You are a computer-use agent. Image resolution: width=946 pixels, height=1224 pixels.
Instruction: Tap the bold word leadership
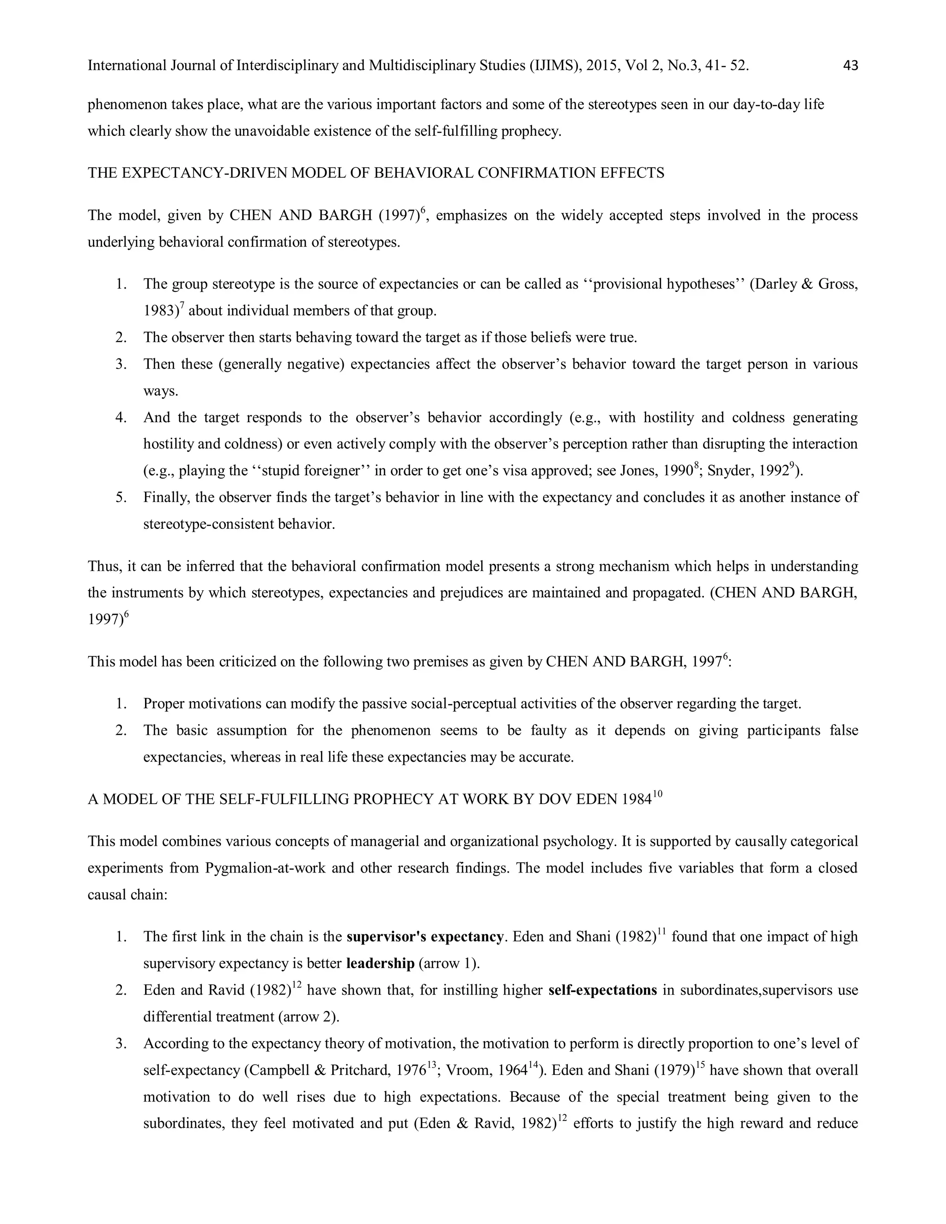[x=380, y=964]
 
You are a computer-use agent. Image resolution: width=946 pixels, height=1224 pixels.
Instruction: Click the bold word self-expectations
[x=602, y=990]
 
